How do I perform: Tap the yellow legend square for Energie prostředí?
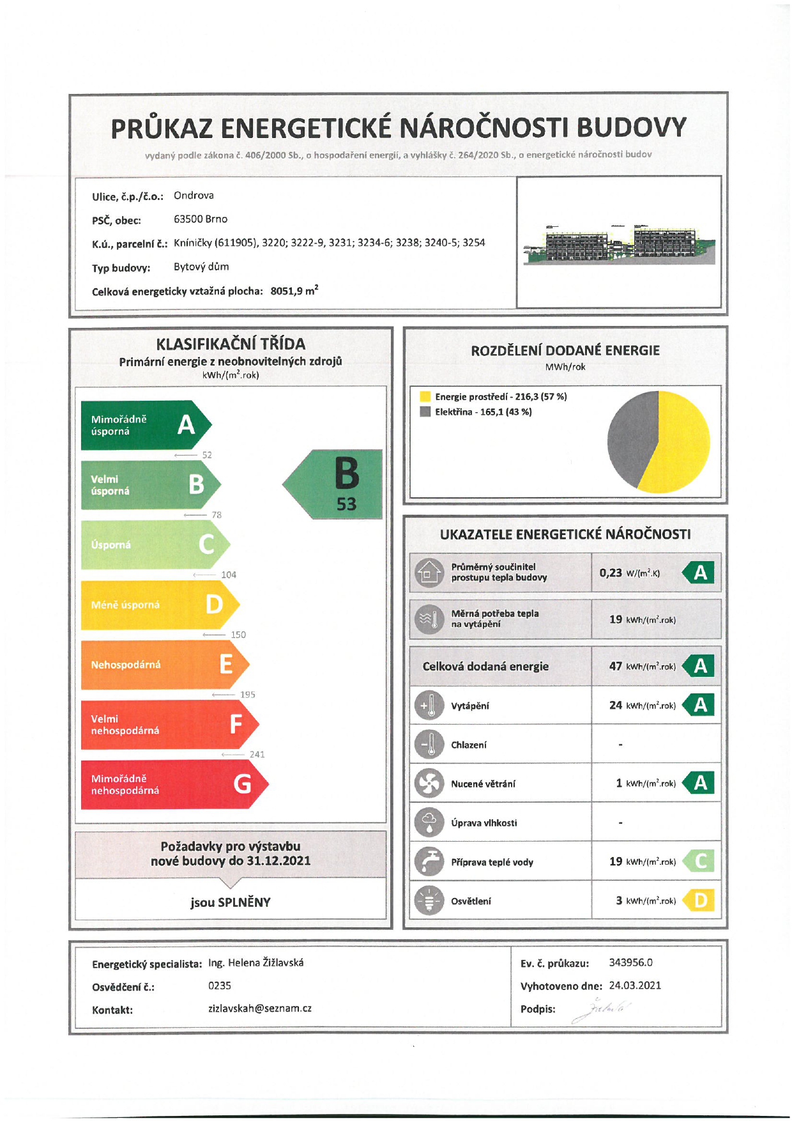coord(425,397)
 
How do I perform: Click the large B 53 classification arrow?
coord(339,484)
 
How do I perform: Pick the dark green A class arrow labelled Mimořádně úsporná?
coord(144,425)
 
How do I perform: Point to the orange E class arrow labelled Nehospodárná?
coord(163,665)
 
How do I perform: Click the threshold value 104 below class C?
coord(229,575)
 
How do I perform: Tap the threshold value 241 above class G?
coord(257,754)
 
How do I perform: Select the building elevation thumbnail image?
coord(618,244)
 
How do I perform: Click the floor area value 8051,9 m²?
coord(294,291)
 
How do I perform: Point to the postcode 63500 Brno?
coord(201,219)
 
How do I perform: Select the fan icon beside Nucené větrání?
coord(429,784)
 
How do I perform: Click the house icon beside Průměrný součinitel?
coord(429,572)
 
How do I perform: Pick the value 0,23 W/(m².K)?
coord(629,573)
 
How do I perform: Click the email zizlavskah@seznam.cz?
coord(260,1009)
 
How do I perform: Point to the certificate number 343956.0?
coord(630,963)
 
